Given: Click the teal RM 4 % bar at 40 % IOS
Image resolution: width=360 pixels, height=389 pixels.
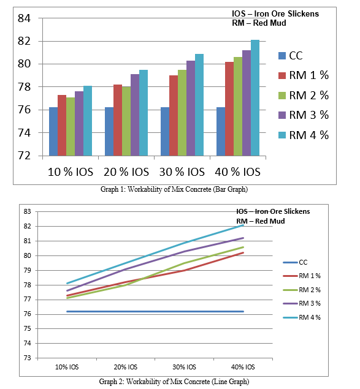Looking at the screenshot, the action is click(x=255, y=98).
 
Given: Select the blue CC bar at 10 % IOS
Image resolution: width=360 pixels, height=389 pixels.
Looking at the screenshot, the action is click(x=53, y=132).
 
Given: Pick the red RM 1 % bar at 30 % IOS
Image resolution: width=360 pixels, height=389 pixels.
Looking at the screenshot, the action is click(x=174, y=116).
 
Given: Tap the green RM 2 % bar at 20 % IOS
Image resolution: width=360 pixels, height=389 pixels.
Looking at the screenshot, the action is click(x=126, y=121).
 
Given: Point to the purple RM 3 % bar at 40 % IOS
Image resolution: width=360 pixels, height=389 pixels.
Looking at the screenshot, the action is click(x=247, y=103).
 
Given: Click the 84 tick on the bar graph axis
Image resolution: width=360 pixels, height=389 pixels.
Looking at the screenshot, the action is click(x=24, y=18).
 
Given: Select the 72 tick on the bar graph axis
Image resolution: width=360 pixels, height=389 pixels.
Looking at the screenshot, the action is click(x=24, y=156).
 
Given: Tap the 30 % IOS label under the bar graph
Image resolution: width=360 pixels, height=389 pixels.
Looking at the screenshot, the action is click(x=182, y=172).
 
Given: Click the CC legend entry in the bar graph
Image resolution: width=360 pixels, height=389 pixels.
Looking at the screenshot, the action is click(x=291, y=56).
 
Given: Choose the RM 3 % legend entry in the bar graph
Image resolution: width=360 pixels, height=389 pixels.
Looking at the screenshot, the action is click(x=304, y=115).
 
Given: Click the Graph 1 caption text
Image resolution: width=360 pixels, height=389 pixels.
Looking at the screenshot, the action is click(x=174, y=189).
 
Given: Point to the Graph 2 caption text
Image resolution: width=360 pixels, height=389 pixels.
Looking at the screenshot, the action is click(x=174, y=381).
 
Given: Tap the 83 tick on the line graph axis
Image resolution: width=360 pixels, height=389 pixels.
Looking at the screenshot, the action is click(x=28, y=211).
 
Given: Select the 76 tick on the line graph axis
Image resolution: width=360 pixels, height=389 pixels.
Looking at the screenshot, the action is click(x=28, y=314).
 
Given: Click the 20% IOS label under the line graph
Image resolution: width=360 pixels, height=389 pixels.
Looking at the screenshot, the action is click(x=126, y=367).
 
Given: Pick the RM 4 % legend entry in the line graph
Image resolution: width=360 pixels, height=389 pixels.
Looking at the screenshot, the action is click(x=302, y=317).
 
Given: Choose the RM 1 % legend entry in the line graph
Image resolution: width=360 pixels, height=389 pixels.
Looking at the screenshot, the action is click(x=302, y=276).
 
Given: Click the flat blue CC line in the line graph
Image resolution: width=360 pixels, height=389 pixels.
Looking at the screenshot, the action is click(x=155, y=311).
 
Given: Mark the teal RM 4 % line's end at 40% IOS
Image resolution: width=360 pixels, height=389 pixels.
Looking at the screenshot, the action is click(x=243, y=225).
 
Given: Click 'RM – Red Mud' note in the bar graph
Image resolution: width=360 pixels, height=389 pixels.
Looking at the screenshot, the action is click(x=259, y=23).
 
